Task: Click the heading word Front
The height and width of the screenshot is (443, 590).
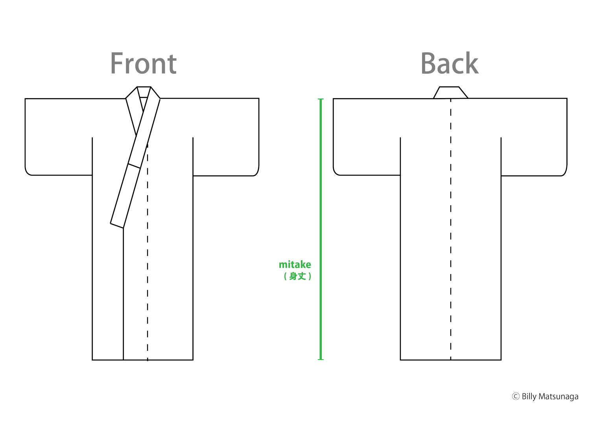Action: [143, 63]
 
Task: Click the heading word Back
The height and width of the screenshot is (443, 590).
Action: [450, 63]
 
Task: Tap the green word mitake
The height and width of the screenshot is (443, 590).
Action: [295, 265]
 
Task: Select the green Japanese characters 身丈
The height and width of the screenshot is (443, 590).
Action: [297, 276]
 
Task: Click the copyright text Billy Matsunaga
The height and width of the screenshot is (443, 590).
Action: [550, 397]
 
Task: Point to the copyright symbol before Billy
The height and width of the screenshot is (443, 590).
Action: [516, 397]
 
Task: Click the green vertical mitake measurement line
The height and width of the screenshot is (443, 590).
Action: [321, 229]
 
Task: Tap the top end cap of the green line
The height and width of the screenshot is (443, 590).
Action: [321, 99]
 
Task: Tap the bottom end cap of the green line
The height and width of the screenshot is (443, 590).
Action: [321, 360]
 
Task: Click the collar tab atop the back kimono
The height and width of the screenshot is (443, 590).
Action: [450, 93]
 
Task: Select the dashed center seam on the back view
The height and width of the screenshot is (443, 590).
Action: [451, 229]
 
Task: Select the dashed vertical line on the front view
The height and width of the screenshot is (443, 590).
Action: [147, 252]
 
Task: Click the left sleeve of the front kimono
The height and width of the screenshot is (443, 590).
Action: [59, 137]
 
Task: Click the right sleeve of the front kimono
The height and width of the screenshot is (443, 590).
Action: [226, 137]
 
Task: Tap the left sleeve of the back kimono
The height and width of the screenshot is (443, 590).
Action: [367, 137]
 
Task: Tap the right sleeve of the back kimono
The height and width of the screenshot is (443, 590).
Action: [534, 137]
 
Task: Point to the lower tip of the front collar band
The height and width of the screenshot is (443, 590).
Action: [123, 228]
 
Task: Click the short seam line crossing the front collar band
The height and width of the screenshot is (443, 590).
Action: [134, 166]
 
